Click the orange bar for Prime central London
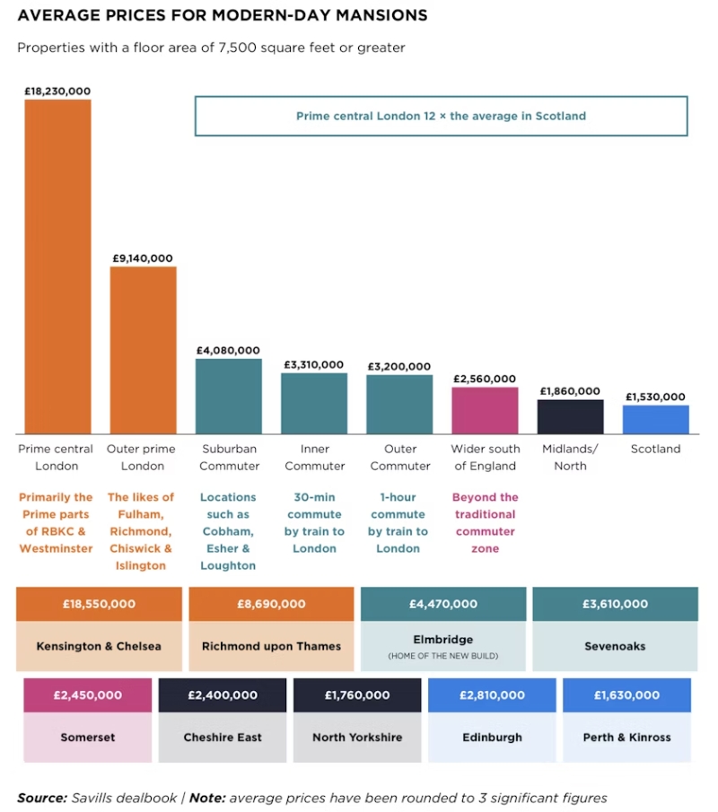point(57,266)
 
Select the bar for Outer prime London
point(143,350)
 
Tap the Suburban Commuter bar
point(229,397)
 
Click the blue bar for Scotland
point(655,419)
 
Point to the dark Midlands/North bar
point(570,416)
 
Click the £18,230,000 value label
point(57,91)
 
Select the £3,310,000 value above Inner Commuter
point(313,364)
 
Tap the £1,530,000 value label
point(655,397)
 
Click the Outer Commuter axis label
point(398,457)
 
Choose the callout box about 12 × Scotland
point(441,116)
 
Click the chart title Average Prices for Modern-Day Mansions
point(223,15)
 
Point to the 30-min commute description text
point(313,522)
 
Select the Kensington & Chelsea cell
point(99,646)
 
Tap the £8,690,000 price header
point(271,604)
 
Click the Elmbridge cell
point(443,646)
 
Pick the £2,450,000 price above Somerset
point(87,694)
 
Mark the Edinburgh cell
point(492,738)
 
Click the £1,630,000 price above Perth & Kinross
point(626,694)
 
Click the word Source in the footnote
point(41,798)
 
